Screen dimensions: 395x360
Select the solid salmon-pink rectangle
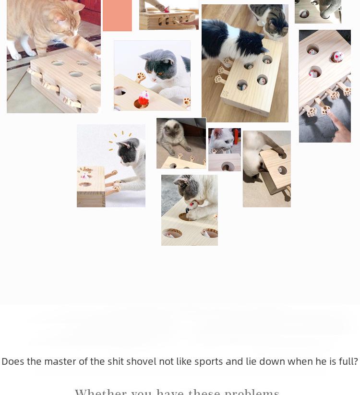click(117, 15)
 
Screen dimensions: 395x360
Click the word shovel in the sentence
click(141, 361)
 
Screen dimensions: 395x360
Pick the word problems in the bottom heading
click(252, 392)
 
